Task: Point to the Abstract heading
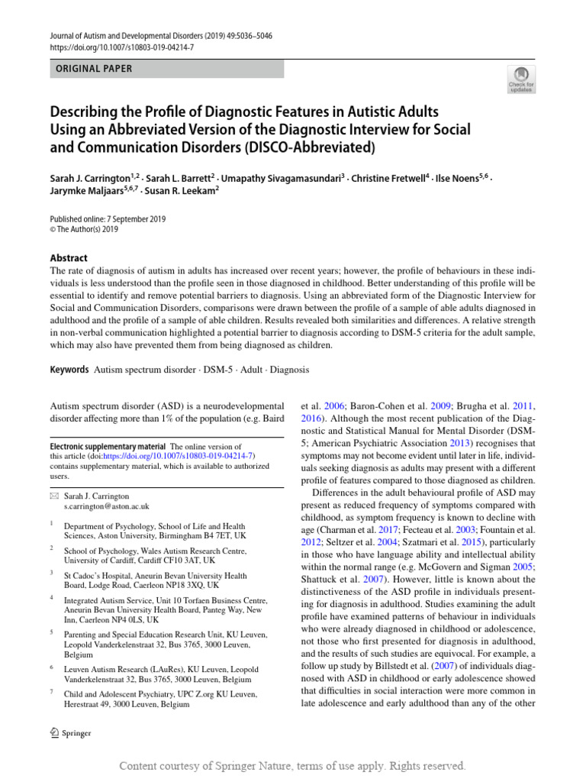[x=69, y=258]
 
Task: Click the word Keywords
[x=69, y=370]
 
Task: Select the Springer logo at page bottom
[x=69, y=733]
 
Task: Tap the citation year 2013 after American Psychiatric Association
[x=459, y=443]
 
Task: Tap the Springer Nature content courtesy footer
[x=293, y=765]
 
